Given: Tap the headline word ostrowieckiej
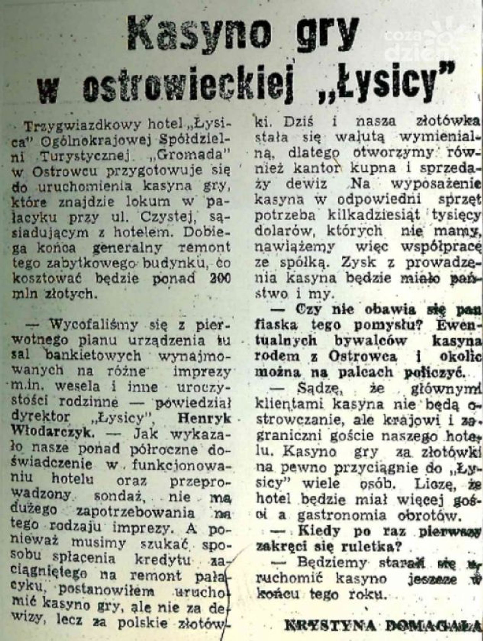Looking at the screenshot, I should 188,84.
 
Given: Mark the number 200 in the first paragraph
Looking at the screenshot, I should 220,279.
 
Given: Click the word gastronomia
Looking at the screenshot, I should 342,515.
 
